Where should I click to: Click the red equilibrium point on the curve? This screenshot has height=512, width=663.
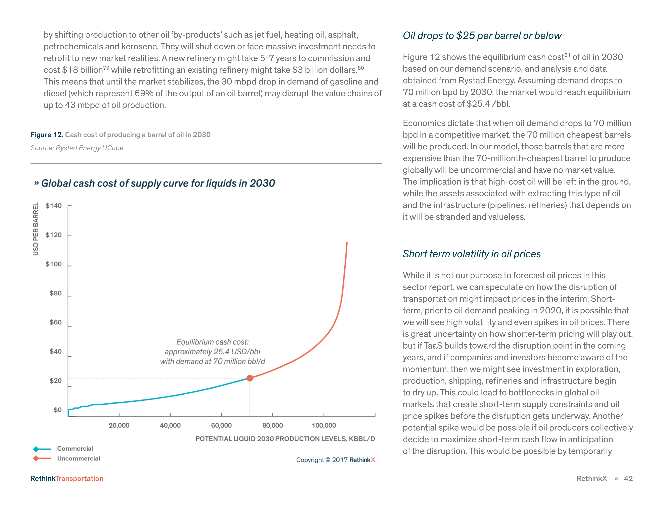click(x=250, y=378)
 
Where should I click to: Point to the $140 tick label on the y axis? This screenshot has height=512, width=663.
click(x=53, y=206)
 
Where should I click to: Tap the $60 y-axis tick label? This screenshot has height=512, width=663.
click(x=56, y=322)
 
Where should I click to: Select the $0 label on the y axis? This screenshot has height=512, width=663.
click(x=57, y=410)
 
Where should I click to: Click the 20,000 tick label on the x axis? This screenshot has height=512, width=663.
click(x=119, y=425)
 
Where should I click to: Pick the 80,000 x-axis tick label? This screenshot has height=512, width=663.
click(x=273, y=425)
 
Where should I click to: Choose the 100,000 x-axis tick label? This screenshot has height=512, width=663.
click(x=324, y=425)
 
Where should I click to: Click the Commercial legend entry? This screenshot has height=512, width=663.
click(x=75, y=448)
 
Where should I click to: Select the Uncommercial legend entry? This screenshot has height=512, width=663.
click(x=78, y=458)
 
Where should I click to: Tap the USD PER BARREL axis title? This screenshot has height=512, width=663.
click(x=36, y=229)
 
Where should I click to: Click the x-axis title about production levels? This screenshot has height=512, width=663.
click(x=285, y=439)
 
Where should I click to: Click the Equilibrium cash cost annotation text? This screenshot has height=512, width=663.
click(x=213, y=352)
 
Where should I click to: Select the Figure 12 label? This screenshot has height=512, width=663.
click(x=47, y=135)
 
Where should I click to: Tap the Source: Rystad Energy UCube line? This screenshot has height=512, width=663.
click(x=77, y=148)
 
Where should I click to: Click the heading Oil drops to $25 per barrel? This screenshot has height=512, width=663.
click(x=482, y=36)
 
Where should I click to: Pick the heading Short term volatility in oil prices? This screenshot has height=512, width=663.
click(x=472, y=254)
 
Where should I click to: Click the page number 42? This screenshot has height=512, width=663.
click(x=628, y=478)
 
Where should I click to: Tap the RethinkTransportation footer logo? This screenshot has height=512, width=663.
click(x=67, y=478)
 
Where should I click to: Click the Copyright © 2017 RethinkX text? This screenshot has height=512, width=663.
click(x=336, y=460)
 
